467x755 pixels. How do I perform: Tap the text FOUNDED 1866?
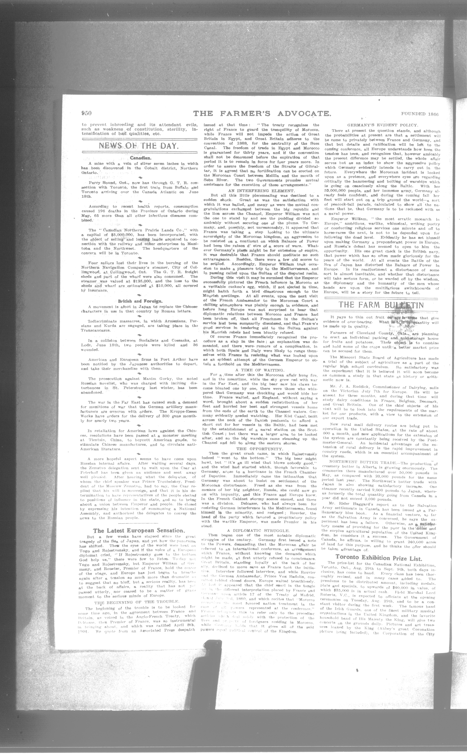click(x=420, y=114)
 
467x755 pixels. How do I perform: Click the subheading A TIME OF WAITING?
click(x=259, y=370)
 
